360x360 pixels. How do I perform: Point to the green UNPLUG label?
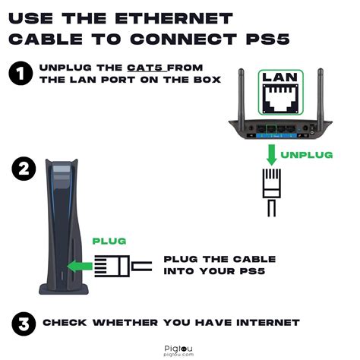pyautogui.click(x=306, y=154)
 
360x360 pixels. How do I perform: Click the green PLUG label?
pyautogui.click(x=109, y=241)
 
